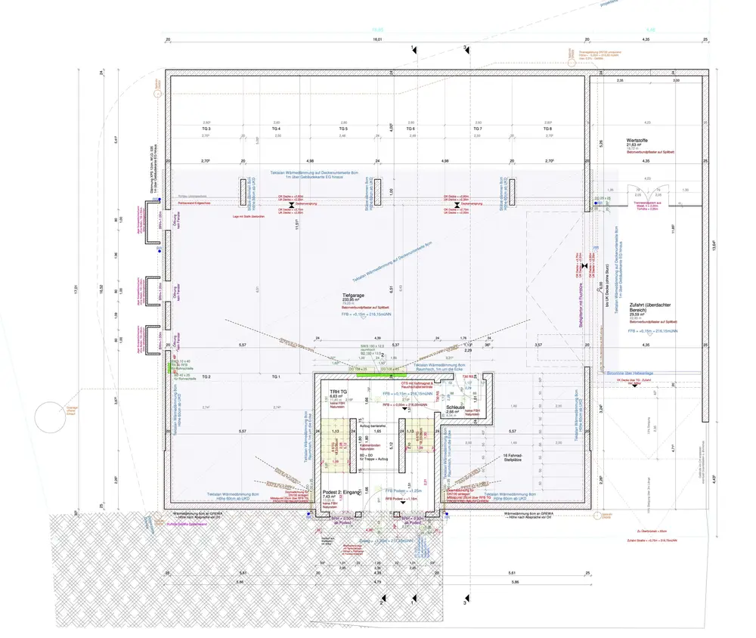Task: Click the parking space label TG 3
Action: coord(205,129)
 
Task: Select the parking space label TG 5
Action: coord(343,129)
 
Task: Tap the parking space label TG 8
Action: coord(547,129)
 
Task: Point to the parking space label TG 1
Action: coord(275,376)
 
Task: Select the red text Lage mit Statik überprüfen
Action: coord(247,217)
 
